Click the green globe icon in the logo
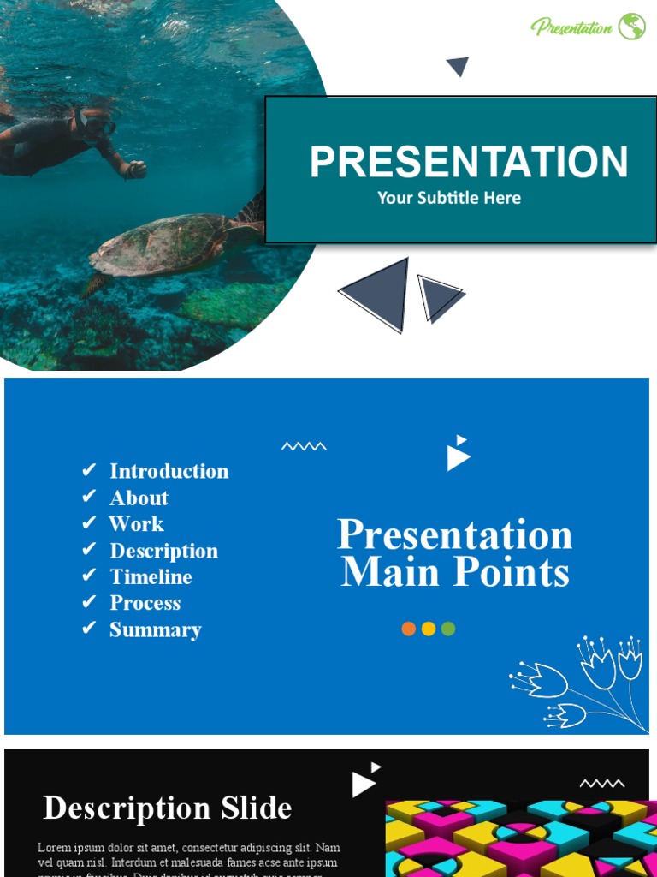632,27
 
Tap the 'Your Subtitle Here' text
449,198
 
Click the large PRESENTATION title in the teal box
468,162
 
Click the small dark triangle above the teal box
458,66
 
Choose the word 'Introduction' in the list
169,471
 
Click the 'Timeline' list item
151,576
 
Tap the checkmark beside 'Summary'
89,629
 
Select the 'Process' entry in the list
145,603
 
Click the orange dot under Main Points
409,629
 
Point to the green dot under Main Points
448,629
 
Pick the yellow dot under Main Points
429,629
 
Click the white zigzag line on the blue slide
304,445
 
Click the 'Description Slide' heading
168,808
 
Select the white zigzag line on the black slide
602,783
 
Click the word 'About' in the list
139,498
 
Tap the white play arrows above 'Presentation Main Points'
459,454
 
